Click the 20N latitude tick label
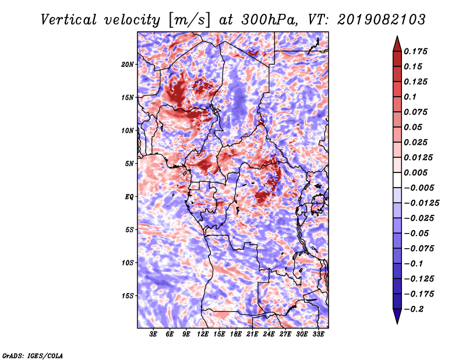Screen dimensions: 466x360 click(128, 65)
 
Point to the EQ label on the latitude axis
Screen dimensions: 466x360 click(129, 197)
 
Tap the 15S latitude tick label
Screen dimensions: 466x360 click(128, 296)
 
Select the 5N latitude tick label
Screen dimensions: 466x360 click(129, 164)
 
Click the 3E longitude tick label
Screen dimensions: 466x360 click(153, 334)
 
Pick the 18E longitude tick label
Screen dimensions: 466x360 click(236, 334)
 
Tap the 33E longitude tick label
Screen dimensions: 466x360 click(318, 334)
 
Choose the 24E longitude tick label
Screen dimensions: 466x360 click(269, 334)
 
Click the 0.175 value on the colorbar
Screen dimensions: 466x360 click(415, 51)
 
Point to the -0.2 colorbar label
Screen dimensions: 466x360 click(414, 309)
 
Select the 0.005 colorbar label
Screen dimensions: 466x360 click(415, 172)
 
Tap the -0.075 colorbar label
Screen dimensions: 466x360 click(419, 249)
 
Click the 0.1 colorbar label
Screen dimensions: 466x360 click(410, 97)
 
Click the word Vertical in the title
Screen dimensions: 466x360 click(69, 20)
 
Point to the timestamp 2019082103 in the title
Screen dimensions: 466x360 click(382, 20)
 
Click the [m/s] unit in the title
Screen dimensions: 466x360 click(190, 20)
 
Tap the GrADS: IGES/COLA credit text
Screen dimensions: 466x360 click(33, 356)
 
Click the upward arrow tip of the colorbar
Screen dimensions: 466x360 click(397, 37)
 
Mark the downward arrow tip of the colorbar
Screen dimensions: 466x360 click(397, 323)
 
